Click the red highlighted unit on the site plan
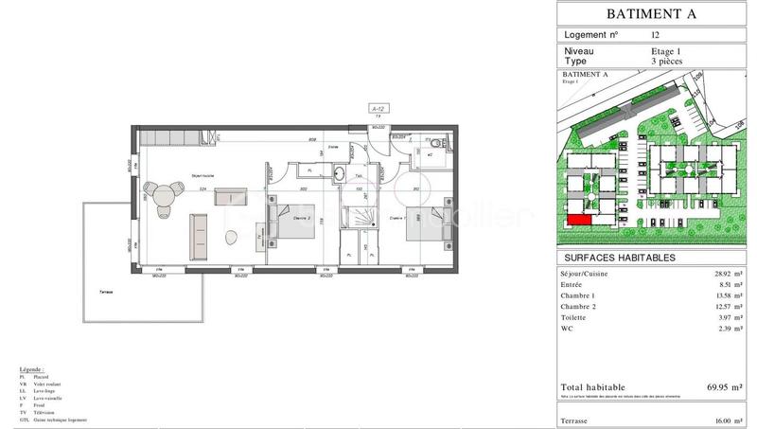[578, 222]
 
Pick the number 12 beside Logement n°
[656, 34]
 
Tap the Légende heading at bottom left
[32, 369]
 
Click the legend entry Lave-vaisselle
[49, 398]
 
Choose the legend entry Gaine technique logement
[60, 420]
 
